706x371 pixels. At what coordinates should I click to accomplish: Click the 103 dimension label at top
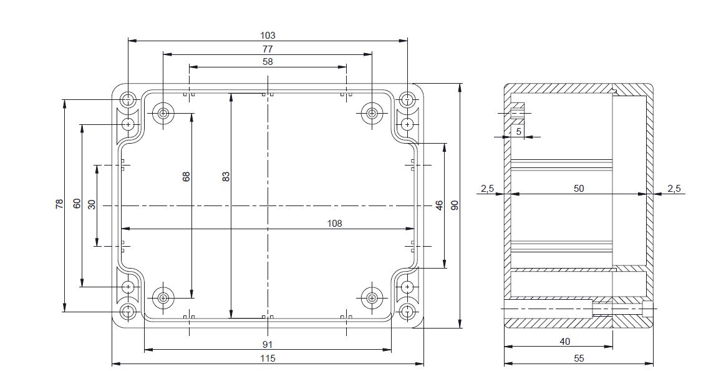point(268,36)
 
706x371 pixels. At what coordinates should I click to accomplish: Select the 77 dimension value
point(268,49)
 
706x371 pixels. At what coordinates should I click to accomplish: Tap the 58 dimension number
point(268,62)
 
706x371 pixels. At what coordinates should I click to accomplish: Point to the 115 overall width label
point(268,358)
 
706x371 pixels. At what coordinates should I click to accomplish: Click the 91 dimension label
point(268,344)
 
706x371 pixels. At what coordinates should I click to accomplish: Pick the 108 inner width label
point(335,223)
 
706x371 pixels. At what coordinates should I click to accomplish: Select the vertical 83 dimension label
point(226,177)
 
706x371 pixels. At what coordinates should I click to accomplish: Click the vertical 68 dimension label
point(186,177)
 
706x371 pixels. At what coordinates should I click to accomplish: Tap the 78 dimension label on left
point(59,204)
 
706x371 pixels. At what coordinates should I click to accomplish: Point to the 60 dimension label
point(77,204)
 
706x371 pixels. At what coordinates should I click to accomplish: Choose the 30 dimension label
point(92,204)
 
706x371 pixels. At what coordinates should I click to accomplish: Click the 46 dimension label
point(439,205)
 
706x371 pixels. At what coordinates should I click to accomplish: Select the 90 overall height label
point(455,205)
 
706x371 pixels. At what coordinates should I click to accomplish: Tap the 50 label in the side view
point(579,188)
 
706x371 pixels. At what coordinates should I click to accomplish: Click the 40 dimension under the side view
point(564,342)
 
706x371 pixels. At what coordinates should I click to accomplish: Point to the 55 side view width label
point(578,358)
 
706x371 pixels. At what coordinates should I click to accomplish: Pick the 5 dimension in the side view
point(518,131)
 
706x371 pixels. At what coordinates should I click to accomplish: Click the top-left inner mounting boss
point(163,113)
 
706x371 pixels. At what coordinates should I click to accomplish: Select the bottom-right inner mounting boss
point(372,297)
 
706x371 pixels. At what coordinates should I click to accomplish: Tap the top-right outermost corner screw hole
point(407,99)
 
